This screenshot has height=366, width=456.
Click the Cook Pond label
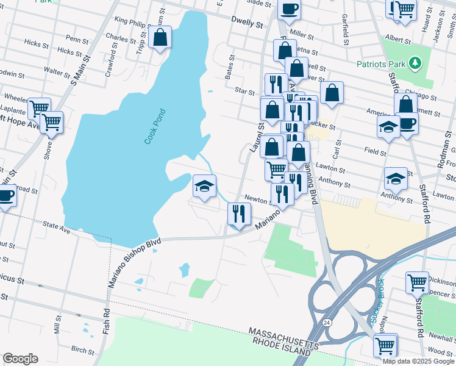pyautogui.click(x=155, y=126)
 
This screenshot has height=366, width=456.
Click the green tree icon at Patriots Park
pyautogui.click(x=415, y=62)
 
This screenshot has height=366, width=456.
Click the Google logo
pyautogui.click(x=20, y=359)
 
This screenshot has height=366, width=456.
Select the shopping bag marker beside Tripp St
pyautogui.click(x=160, y=37)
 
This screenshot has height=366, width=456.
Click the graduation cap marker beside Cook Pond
pyautogui.click(x=205, y=186)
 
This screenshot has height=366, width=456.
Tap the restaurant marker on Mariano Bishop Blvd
pyautogui.click(x=239, y=213)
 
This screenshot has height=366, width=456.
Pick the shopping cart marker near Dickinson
pyautogui.click(x=418, y=282)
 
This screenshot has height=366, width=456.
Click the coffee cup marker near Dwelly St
pyautogui.click(x=289, y=9)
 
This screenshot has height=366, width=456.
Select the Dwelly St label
pyautogui.click(x=246, y=22)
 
